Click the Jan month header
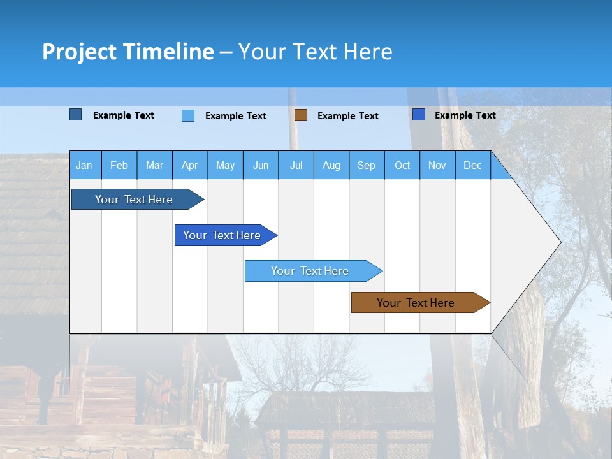click(x=84, y=165)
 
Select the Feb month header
click(x=119, y=165)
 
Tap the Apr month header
click(x=190, y=165)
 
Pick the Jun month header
click(x=261, y=165)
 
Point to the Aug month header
click(x=331, y=165)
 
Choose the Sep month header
click(x=367, y=165)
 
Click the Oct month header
click(x=402, y=165)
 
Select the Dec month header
click(x=473, y=165)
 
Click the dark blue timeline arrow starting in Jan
click(x=135, y=200)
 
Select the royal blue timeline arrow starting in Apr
click(x=222, y=235)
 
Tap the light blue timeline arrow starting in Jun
click(x=310, y=271)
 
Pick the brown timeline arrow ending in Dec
click(x=416, y=303)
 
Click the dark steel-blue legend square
click(x=75, y=115)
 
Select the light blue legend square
click(x=188, y=115)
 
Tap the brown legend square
click(x=301, y=115)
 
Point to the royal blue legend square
click(x=419, y=115)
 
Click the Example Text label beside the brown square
click(x=348, y=116)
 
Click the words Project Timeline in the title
click(x=128, y=52)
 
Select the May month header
click(x=225, y=165)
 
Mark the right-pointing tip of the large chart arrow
click(x=560, y=242)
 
